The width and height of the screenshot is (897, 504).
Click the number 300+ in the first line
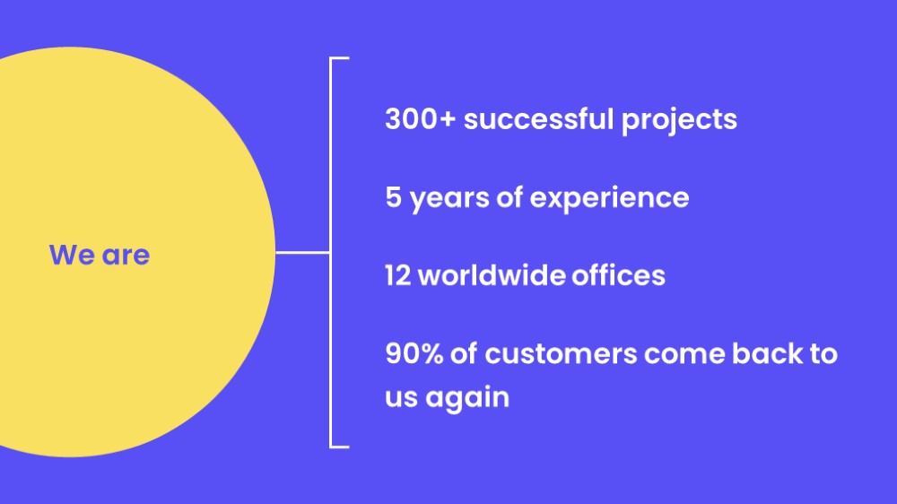coord(421,119)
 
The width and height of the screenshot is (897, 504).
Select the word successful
coord(539,118)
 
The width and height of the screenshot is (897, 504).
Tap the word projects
coord(679,121)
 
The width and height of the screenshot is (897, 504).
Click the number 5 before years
coord(394,196)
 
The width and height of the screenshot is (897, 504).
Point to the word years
coord(449,200)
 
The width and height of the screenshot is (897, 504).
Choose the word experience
coord(609,200)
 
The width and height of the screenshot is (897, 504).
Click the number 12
coord(397,275)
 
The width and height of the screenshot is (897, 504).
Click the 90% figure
coord(414,353)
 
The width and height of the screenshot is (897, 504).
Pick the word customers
coord(561,354)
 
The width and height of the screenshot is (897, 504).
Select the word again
coord(466,398)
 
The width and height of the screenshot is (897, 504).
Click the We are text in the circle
coord(100,255)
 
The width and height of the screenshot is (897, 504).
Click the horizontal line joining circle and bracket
coord(302,252)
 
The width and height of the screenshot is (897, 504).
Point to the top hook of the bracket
coord(339,58)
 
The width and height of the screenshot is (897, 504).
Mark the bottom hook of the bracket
coord(339,447)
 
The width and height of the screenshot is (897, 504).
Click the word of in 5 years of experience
coord(509,196)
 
